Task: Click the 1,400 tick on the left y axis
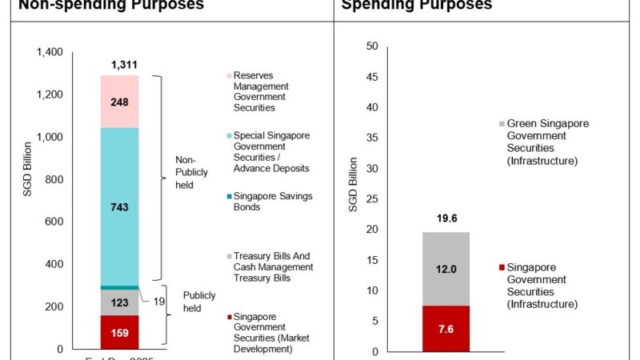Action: pyautogui.click(x=50, y=53)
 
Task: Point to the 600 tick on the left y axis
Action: pyautogui.click(x=54, y=222)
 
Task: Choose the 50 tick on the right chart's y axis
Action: pyautogui.click(x=370, y=46)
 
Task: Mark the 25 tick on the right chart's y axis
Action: pyautogui.click(x=370, y=199)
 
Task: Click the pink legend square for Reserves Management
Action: pyautogui.click(x=229, y=76)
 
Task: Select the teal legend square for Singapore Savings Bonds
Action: pyautogui.click(x=229, y=197)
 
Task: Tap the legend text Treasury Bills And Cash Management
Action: pyautogui.click(x=273, y=267)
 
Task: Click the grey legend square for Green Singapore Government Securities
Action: pyautogui.click(x=502, y=124)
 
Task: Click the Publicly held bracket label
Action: pyautogui.click(x=199, y=301)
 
